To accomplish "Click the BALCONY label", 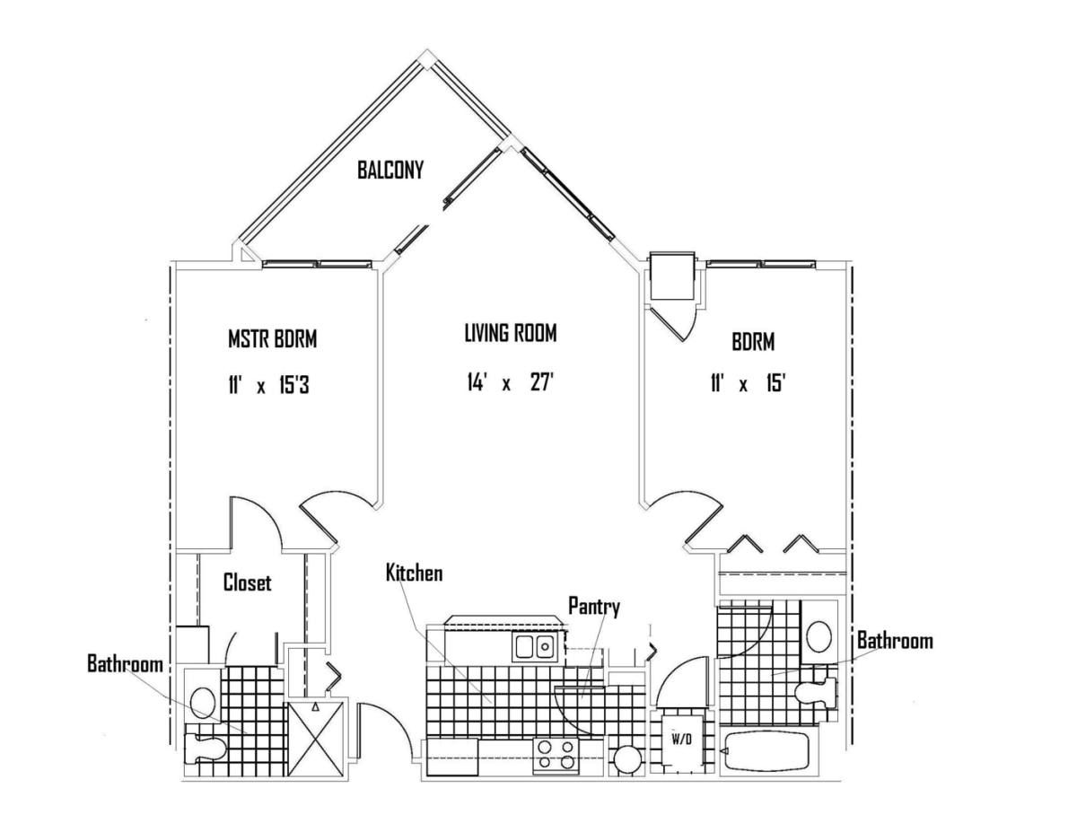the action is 390,170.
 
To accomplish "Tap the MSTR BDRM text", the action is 272,339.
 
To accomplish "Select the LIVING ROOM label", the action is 511,332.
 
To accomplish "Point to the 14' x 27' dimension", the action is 510,382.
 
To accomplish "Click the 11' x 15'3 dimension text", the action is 268,385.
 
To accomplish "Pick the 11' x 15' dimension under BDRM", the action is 747,383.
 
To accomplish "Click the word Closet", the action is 247,582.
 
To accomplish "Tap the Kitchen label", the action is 415,573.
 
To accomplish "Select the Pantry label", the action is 594,607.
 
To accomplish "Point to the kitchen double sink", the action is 534,647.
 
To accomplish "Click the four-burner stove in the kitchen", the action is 556,756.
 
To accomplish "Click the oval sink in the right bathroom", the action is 819,636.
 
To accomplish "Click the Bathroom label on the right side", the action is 895,641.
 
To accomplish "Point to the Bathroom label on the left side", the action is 126,664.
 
